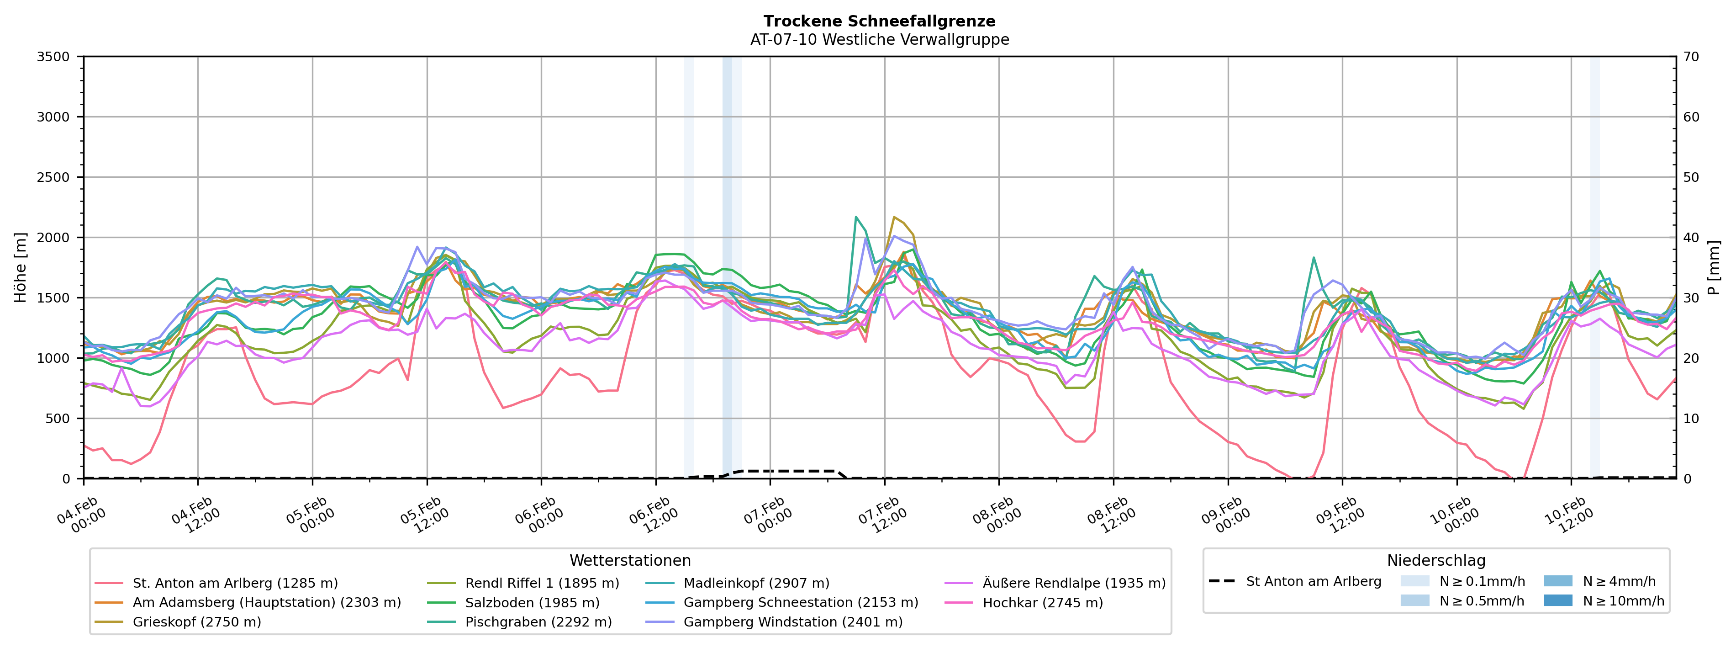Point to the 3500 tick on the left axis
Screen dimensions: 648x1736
coord(53,57)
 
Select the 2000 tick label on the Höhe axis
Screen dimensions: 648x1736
coord(53,237)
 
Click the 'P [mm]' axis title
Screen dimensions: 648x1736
coord(1714,268)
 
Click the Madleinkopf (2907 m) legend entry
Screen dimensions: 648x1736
coord(756,583)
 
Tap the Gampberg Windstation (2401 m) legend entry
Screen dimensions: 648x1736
coord(792,621)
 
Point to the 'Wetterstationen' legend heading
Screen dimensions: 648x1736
coord(630,560)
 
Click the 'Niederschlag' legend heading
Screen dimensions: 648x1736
coord(1435,560)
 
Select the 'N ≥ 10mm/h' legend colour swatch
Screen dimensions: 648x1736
coord(1557,600)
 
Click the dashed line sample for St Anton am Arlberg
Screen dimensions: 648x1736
coord(1222,581)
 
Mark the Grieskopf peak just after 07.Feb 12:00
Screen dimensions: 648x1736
coord(894,217)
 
